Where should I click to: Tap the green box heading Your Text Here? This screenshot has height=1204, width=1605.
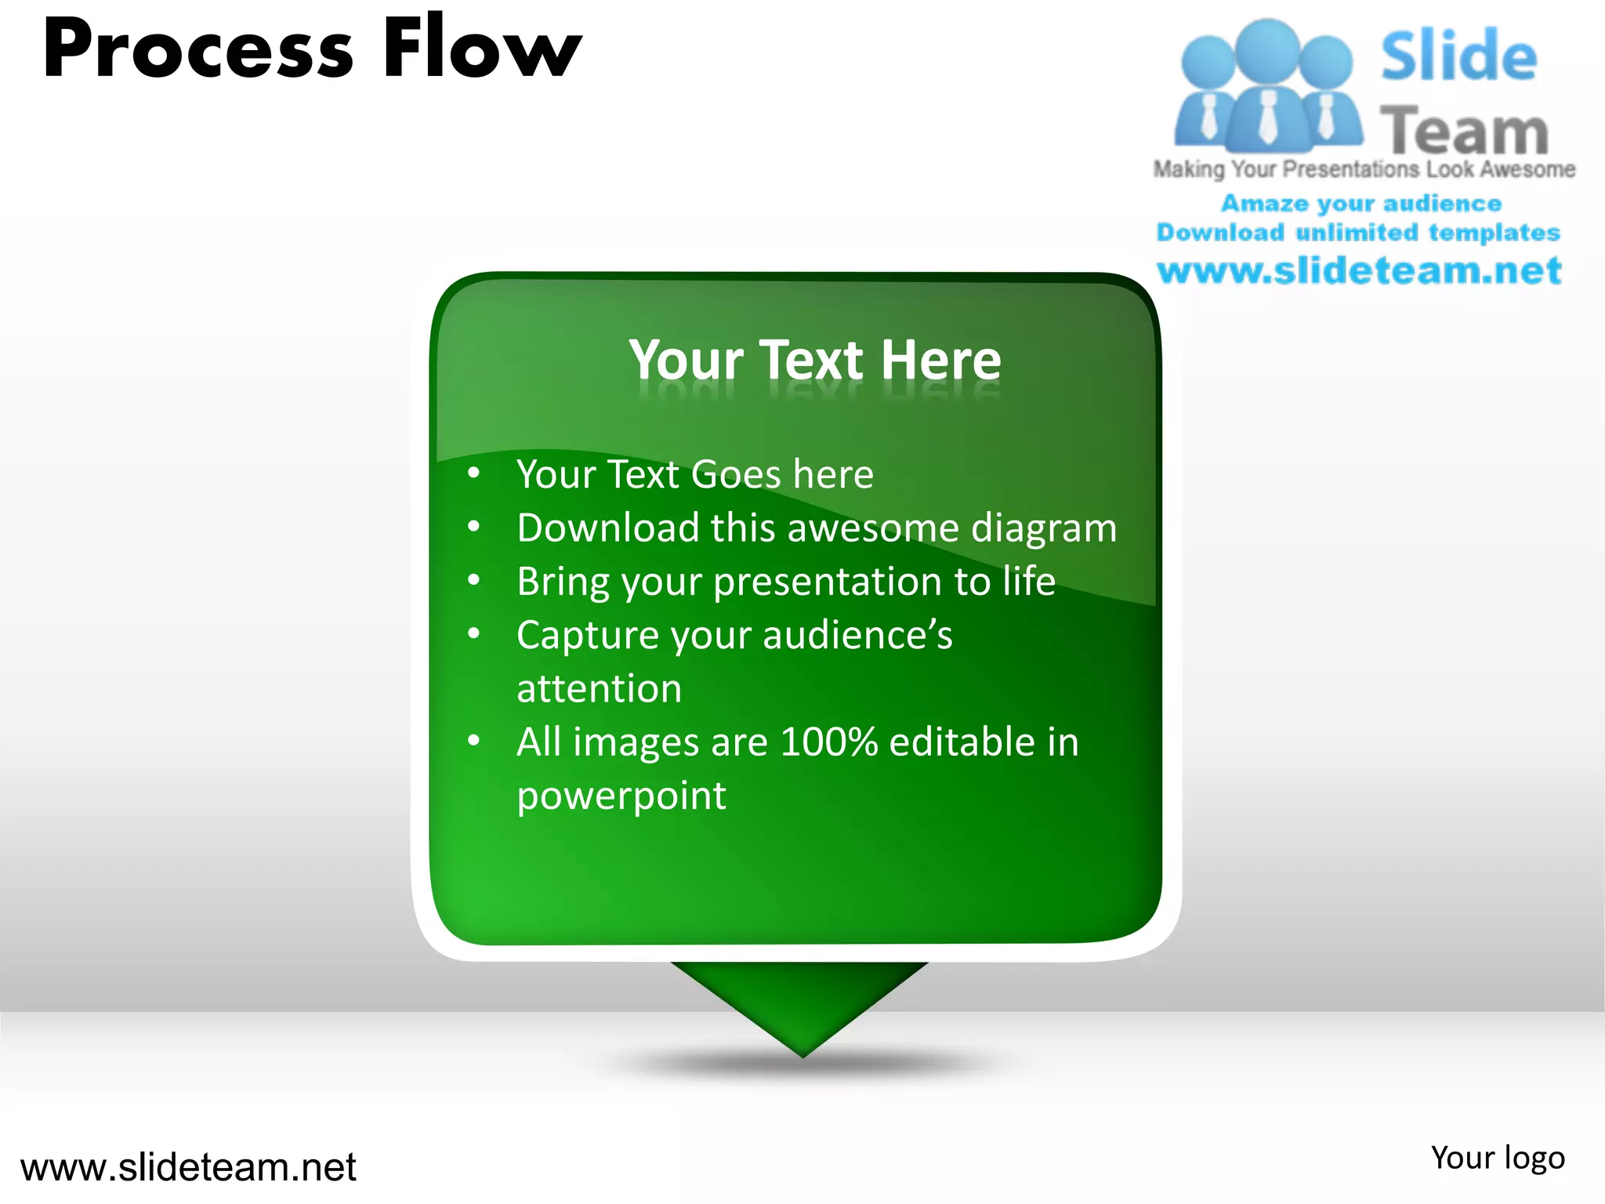815,360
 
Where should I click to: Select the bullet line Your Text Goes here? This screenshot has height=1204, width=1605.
694,474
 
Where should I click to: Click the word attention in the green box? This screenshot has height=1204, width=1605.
599,689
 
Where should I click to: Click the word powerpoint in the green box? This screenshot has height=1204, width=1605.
621,796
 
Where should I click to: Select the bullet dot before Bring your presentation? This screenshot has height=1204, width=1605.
473,580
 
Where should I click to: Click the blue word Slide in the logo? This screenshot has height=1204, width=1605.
1458,56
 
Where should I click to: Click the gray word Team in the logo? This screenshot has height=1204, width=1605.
1463,130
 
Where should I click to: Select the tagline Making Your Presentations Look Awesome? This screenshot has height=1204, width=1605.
1364,169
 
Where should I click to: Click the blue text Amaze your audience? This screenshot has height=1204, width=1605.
1361,204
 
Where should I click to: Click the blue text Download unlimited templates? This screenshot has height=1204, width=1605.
1358,233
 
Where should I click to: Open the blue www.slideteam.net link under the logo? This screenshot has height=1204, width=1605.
1359,270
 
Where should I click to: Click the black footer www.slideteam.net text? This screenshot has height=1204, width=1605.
188,1167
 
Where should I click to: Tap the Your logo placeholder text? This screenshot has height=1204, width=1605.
1497,1158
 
